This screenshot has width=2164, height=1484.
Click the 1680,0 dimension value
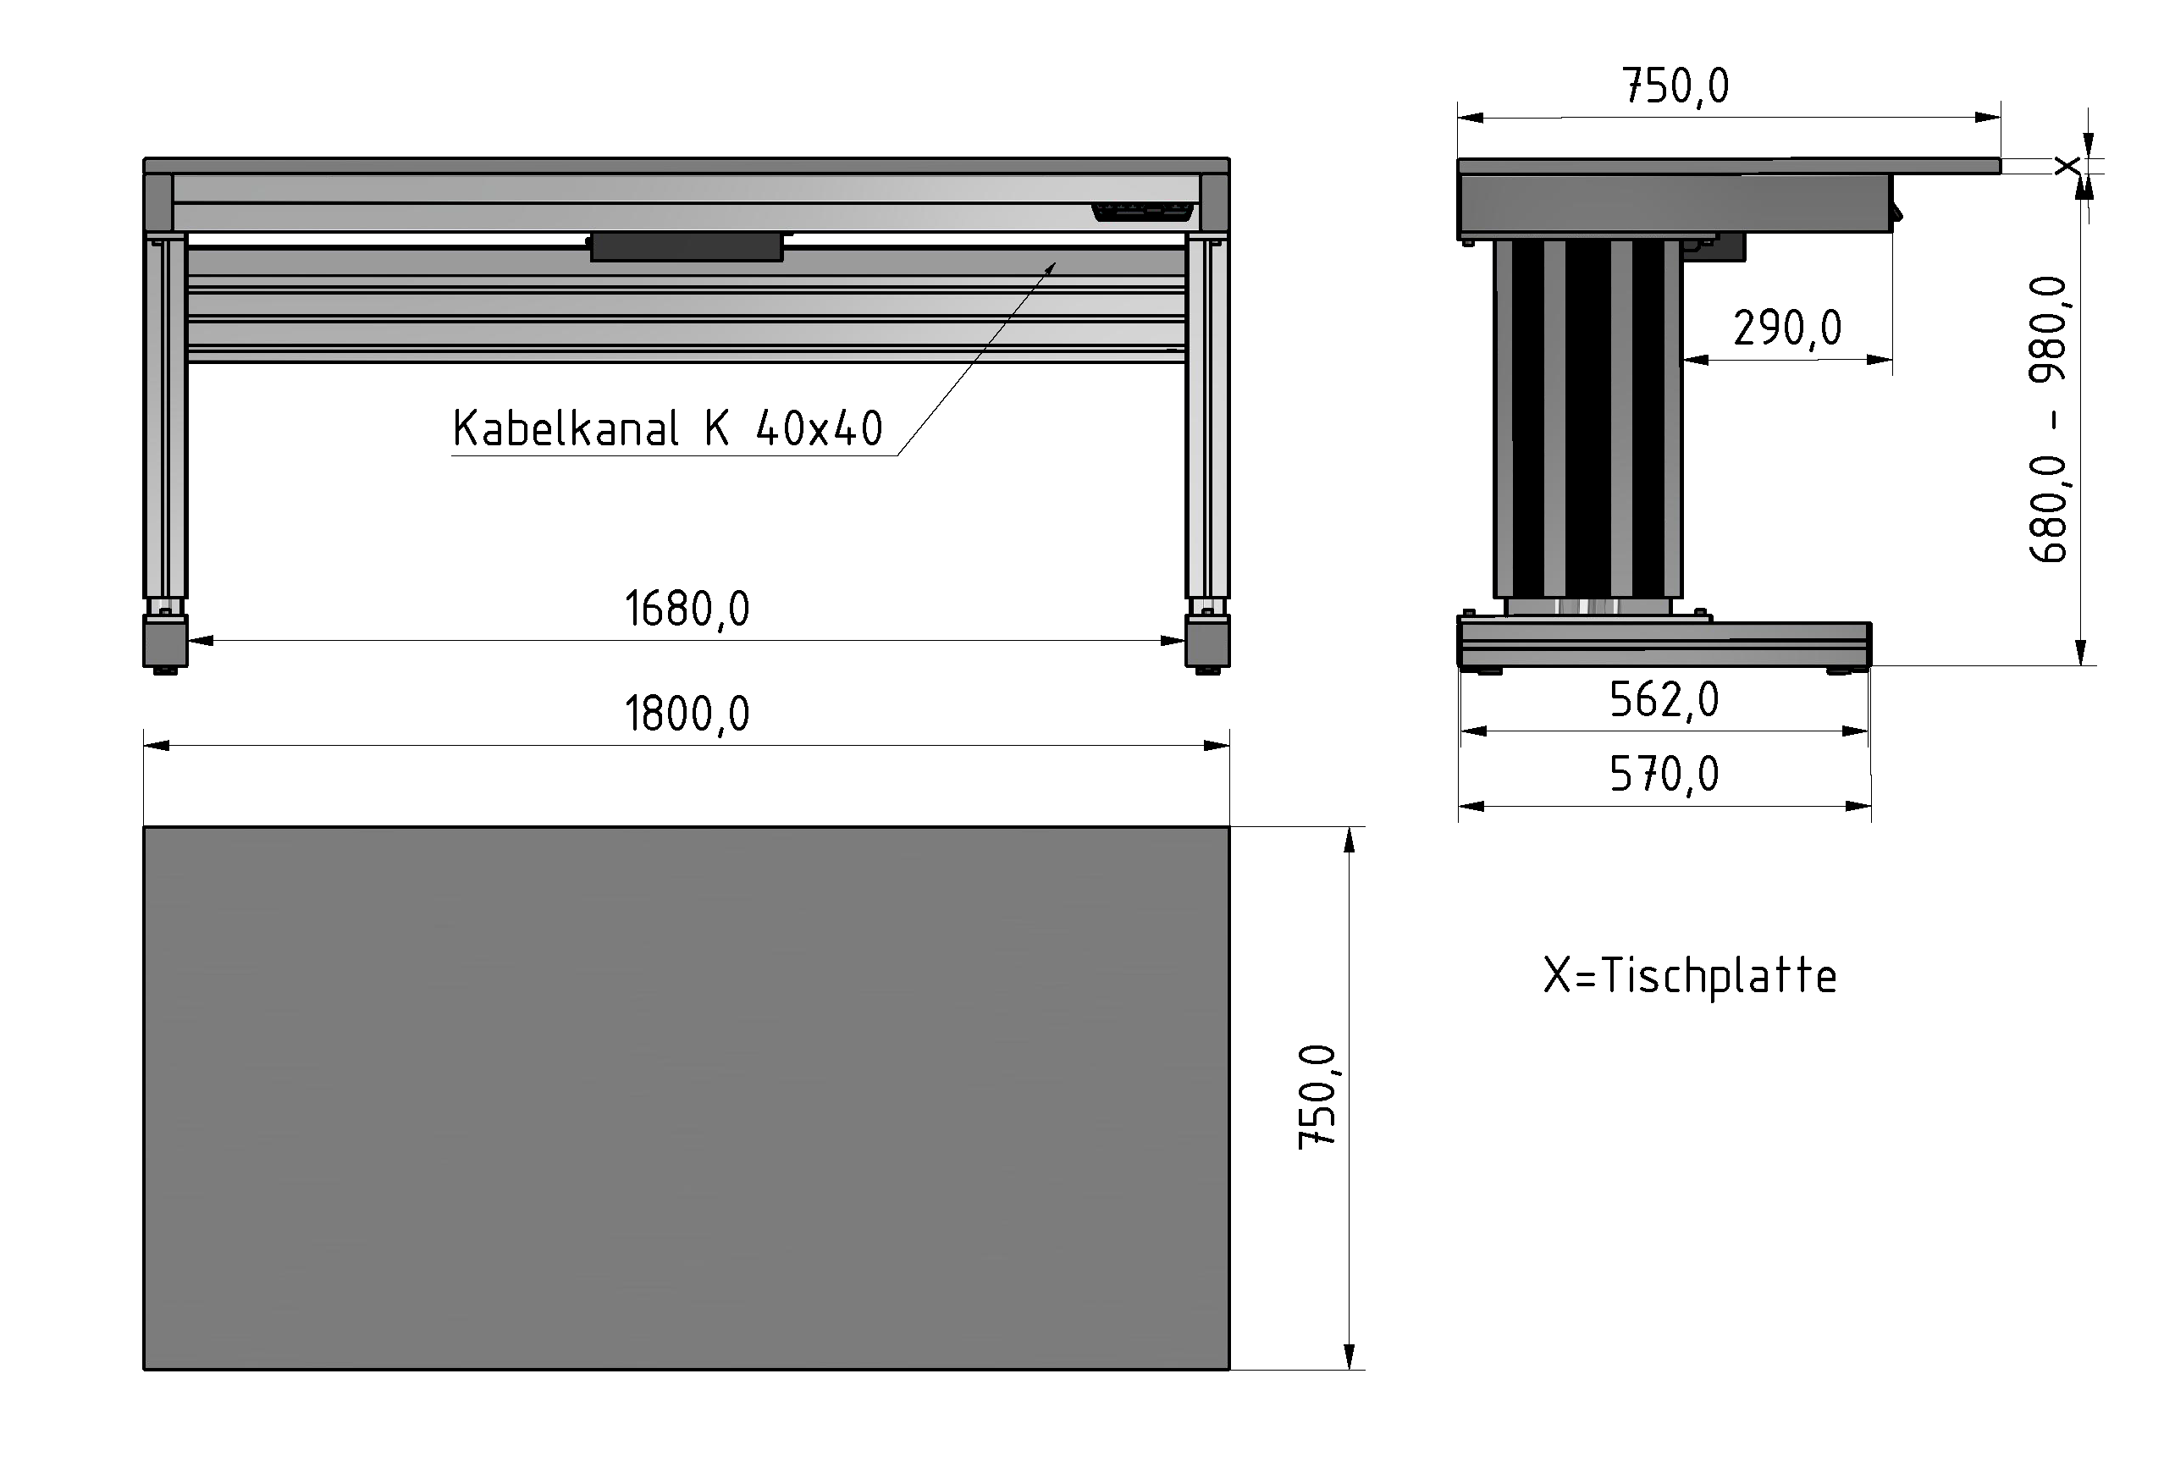click(x=687, y=610)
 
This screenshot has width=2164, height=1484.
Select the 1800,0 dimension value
click(x=687, y=715)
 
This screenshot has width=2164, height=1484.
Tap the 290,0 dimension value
click(x=1787, y=328)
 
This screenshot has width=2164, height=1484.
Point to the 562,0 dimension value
click(x=1664, y=700)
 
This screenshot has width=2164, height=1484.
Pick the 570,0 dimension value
click(x=1664, y=775)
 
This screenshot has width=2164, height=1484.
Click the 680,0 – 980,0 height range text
click(x=2049, y=419)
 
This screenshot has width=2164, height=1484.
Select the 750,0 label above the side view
click(x=1676, y=86)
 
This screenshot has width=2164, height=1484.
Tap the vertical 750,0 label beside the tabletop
click(x=1317, y=1097)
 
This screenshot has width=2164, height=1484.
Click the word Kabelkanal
click(x=566, y=429)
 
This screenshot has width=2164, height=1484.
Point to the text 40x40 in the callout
click(x=820, y=429)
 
